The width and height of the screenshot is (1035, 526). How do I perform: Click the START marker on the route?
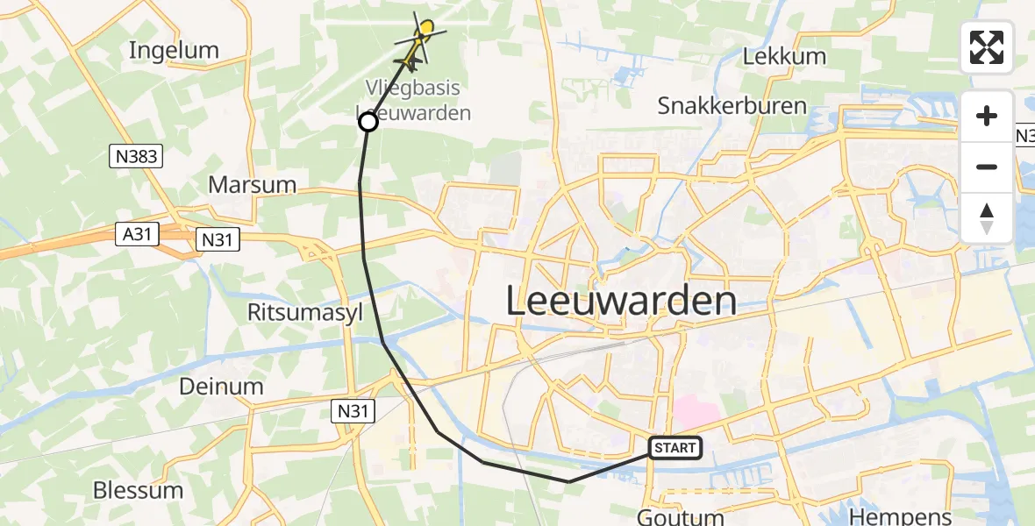pyautogui.click(x=675, y=448)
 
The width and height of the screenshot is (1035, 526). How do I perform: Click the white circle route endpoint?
pyautogui.click(x=368, y=123)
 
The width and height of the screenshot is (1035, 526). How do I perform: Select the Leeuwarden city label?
pyautogui.click(x=621, y=302)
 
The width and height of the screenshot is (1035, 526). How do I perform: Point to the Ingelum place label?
pyautogui.click(x=174, y=50)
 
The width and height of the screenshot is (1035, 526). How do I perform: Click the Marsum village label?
pyautogui.click(x=252, y=185)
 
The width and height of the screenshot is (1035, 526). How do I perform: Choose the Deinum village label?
pyautogui.click(x=221, y=386)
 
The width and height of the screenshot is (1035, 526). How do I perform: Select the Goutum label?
pyautogui.click(x=681, y=516)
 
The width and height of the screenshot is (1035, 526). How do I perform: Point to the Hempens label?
pyautogui.click(x=889, y=516)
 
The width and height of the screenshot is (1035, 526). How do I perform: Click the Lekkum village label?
pyautogui.click(x=784, y=57)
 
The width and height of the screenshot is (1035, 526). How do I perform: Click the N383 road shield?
pyautogui.click(x=135, y=156)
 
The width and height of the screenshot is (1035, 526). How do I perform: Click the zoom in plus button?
pyautogui.click(x=987, y=116)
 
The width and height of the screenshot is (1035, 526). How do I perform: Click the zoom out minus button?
pyautogui.click(x=987, y=167)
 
